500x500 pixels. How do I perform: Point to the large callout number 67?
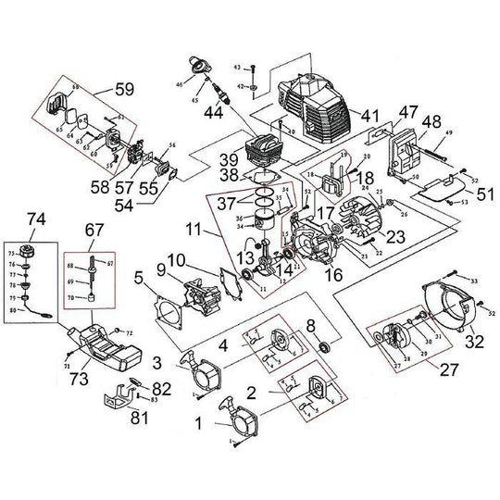point(94,229)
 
